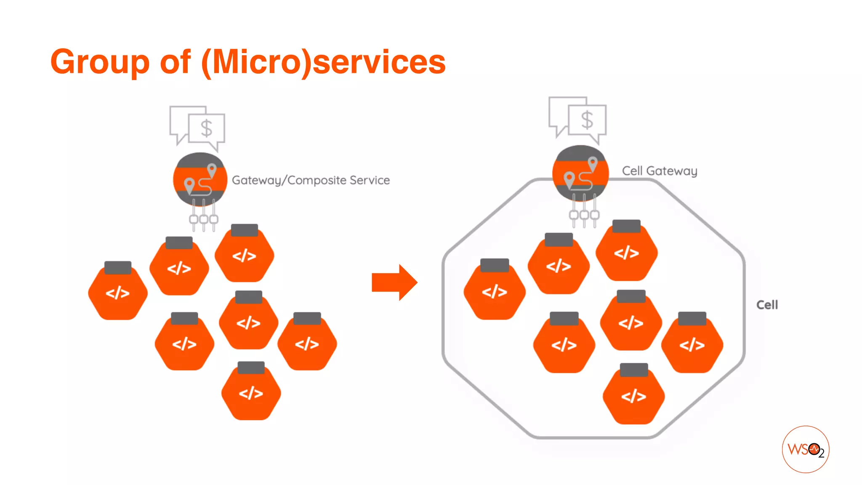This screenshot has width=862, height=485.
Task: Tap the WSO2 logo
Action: (805, 449)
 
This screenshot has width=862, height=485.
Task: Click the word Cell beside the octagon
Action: (767, 305)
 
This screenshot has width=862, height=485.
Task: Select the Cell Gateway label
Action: (660, 171)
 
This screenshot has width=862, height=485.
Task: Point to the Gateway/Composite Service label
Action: (311, 180)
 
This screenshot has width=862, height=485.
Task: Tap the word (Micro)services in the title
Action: (323, 62)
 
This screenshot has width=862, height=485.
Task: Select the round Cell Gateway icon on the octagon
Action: (580, 173)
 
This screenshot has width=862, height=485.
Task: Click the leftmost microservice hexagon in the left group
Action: (118, 292)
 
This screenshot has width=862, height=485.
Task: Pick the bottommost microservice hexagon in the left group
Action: (251, 392)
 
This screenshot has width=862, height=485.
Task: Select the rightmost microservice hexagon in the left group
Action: (307, 343)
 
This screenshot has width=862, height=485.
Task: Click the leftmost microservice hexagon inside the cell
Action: (495, 291)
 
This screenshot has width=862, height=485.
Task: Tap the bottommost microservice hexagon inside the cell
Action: (633, 396)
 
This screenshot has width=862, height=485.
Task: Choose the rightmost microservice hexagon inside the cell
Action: (692, 344)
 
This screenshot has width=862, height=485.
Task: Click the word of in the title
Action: (175, 62)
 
